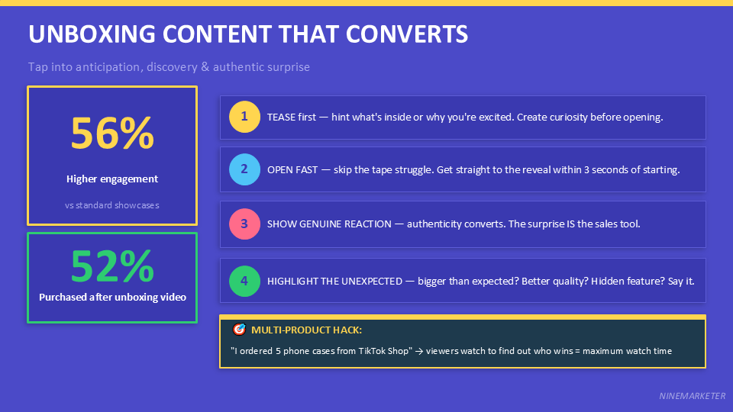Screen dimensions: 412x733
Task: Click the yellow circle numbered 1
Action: pyautogui.click(x=244, y=117)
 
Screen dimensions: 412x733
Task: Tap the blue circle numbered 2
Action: pyautogui.click(x=244, y=169)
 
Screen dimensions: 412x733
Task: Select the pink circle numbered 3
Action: pyautogui.click(x=244, y=224)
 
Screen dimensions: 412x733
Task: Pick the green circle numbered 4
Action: pyautogui.click(x=244, y=280)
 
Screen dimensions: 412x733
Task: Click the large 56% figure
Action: pyautogui.click(x=112, y=134)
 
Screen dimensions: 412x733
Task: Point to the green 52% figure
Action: pyautogui.click(x=112, y=266)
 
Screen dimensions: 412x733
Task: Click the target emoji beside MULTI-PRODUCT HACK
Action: pyautogui.click(x=239, y=330)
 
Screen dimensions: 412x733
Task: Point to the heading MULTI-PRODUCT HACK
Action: pyautogui.click(x=306, y=330)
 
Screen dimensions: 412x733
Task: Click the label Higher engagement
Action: pyautogui.click(x=112, y=179)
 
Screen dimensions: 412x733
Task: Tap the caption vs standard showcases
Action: pyautogui.click(x=112, y=205)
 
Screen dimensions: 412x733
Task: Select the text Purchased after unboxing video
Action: pyautogui.click(x=112, y=297)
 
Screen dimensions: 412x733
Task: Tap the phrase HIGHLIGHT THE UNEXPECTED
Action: pyautogui.click(x=334, y=280)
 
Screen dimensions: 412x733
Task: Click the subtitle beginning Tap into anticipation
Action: pyautogui.click(x=169, y=67)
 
